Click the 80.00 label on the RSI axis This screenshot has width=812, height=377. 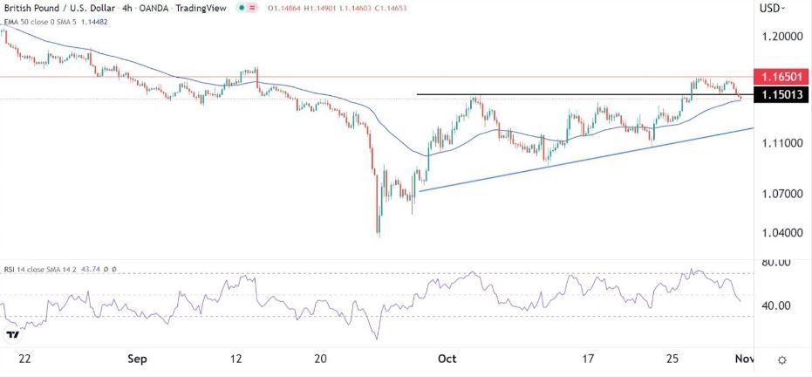pos(774,262)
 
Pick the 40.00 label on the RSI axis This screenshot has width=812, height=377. pos(774,305)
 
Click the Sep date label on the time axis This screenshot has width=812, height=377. pos(136,359)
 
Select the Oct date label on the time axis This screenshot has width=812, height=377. pos(447,359)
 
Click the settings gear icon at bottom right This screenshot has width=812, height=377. pos(782,360)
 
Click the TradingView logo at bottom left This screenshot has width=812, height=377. pos(13,334)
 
